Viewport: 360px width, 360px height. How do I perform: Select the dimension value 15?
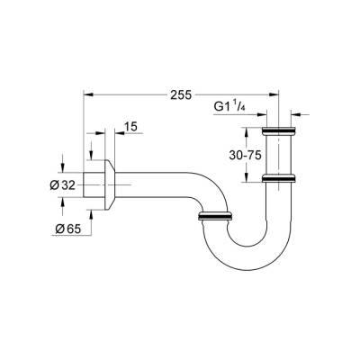coord(131,128)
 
